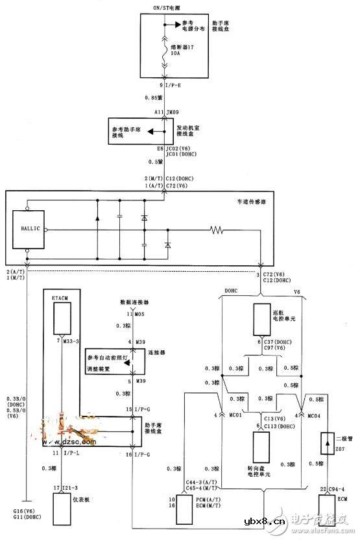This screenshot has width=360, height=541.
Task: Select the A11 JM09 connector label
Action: pyautogui.click(x=166, y=112)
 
